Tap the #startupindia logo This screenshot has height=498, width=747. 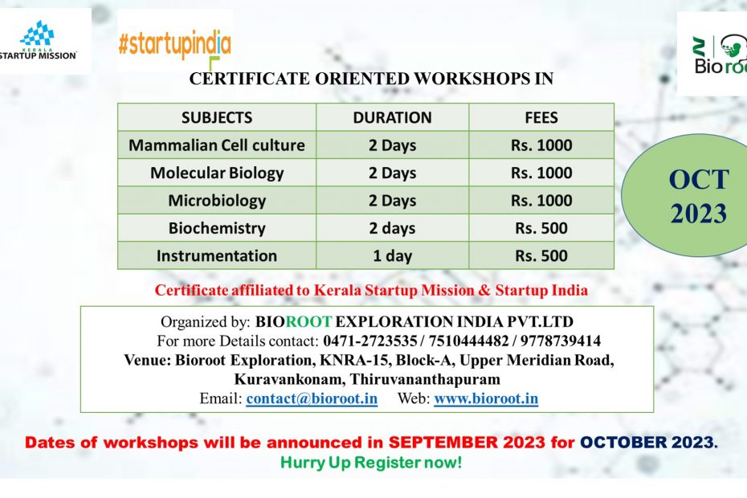coord(175,42)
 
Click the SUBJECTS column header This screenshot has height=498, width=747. coord(217,118)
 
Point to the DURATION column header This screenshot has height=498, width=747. coord(393,118)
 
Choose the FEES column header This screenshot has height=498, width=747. coord(541,118)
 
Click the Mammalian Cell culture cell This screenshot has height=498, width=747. coord(217,145)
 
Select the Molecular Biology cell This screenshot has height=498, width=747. coord(217,173)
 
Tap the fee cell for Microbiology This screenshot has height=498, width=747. coord(541,201)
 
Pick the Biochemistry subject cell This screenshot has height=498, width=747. coord(217,228)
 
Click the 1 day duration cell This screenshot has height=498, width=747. coord(393,256)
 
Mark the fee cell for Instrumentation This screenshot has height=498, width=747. coord(541,256)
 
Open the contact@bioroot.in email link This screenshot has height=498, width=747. coord(312,398)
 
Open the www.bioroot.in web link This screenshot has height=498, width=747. coord(486,398)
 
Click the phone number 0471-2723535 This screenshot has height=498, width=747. coord(370,341)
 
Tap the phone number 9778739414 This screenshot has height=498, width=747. coord(561,341)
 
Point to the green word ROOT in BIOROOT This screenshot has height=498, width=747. coord(308,321)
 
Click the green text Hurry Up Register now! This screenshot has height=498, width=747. coord(371,463)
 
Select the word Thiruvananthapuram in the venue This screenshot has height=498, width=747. coord(425,379)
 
